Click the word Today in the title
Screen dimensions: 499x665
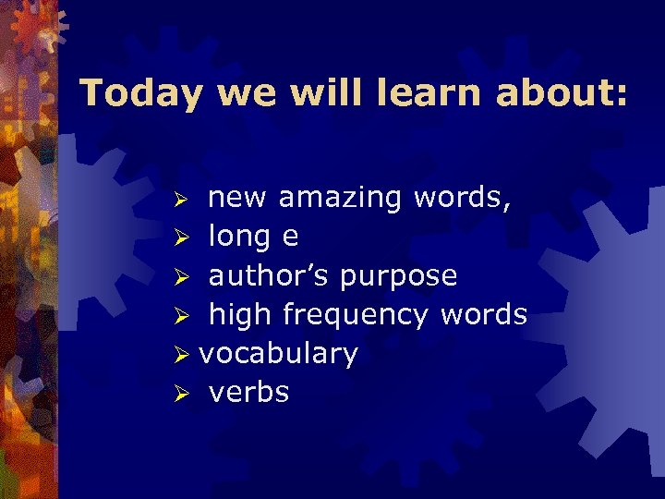pos(139,92)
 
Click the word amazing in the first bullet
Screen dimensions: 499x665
pos(340,199)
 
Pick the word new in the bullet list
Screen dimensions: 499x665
pos(238,198)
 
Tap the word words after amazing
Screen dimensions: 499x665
pos(459,198)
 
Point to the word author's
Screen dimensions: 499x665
pos(270,276)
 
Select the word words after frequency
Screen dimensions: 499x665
pos(483,315)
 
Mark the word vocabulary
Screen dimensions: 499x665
pos(279,355)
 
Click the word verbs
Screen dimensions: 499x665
pos(249,393)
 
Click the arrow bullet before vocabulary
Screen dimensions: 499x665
pos(185,356)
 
